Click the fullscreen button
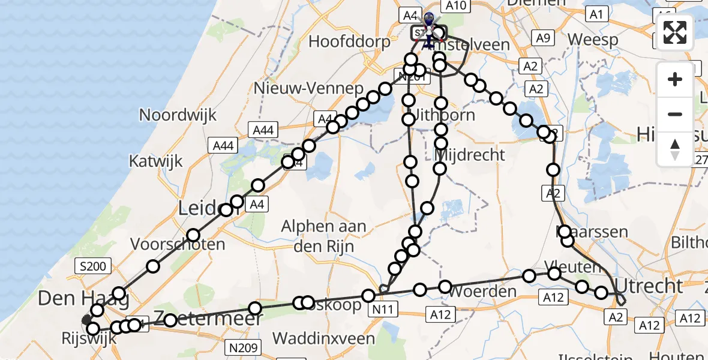[675, 32]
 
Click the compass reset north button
[675, 149]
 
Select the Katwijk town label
[155, 161]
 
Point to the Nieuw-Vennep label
[309, 88]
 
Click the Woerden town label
[482, 292]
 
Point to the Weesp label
[593, 40]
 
